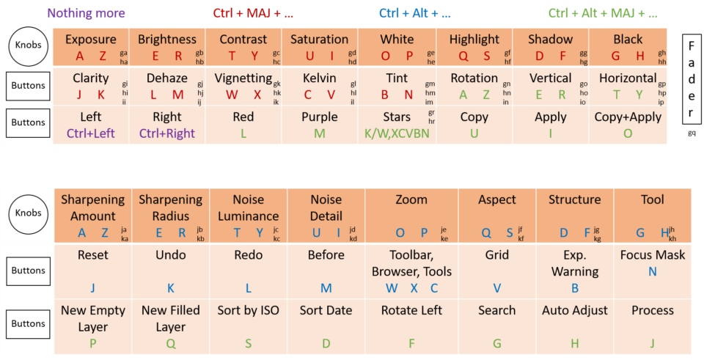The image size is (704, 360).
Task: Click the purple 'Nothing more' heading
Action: (x=87, y=13)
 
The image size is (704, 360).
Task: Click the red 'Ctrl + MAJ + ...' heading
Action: (x=252, y=13)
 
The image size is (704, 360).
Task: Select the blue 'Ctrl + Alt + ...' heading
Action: (x=415, y=13)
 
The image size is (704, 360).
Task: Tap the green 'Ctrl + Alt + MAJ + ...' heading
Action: (x=603, y=13)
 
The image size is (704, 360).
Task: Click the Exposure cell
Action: (x=91, y=47)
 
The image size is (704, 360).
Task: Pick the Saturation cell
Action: (x=319, y=47)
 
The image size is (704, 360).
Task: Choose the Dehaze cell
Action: (x=167, y=86)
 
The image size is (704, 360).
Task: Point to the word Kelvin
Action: (x=319, y=78)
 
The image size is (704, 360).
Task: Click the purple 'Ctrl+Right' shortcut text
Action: (x=167, y=133)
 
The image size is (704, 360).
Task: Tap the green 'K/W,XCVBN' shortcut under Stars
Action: (x=397, y=133)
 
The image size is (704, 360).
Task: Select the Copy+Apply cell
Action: (x=628, y=125)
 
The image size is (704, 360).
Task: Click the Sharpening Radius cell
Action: (x=170, y=216)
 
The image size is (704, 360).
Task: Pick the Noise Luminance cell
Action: (x=249, y=216)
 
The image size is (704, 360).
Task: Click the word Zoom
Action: (x=411, y=199)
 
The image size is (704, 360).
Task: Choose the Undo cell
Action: (x=170, y=271)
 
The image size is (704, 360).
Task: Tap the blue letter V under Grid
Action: (x=497, y=288)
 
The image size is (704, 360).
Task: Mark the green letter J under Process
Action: (x=652, y=343)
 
